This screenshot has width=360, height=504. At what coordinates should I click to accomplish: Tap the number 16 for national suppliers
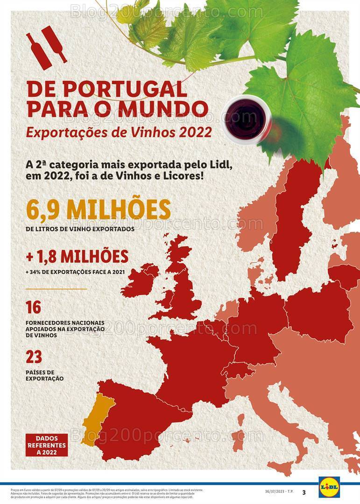(34, 308)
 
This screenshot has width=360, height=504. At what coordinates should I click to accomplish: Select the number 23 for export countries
(34, 357)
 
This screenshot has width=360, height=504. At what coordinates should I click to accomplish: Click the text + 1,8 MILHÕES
(77, 257)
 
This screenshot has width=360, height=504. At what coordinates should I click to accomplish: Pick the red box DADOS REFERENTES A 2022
(47, 445)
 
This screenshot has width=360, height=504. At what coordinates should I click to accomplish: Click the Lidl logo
(329, 487)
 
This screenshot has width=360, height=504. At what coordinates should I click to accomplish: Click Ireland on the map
(138, 279)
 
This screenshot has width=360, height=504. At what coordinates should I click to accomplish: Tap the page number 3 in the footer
(304, 492)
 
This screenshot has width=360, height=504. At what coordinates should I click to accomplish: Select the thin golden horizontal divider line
(56, 289)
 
